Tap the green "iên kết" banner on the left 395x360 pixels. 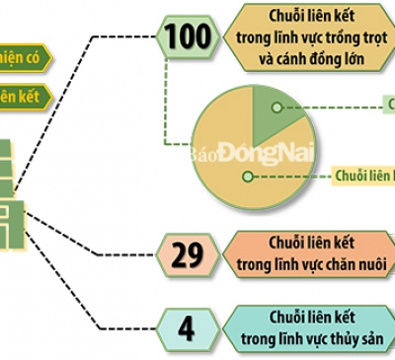22,97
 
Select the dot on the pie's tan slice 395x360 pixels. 246,176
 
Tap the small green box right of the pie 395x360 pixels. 388,104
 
